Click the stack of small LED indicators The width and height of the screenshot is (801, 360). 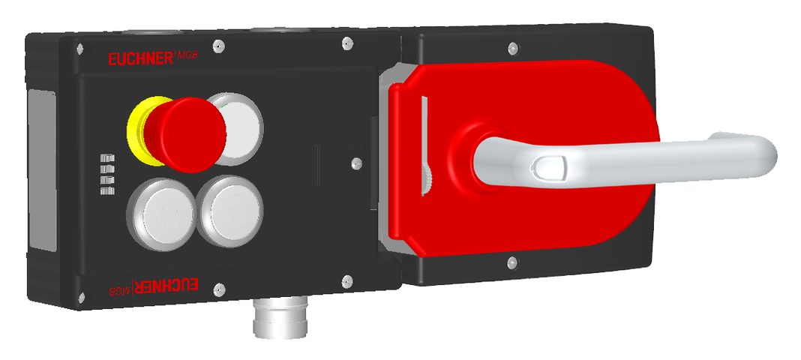click(x=106, y=174)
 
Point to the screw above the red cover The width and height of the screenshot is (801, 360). click(x=512, y=48)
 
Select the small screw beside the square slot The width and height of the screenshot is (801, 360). click(x=357, y=160)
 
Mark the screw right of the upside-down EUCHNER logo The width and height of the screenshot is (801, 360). click(x=217, y=287)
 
